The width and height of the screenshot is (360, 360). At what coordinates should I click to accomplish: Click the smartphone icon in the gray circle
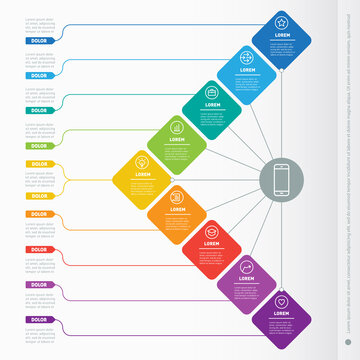tap(282, 181)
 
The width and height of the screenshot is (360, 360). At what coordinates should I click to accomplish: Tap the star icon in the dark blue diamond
tap(283, 21)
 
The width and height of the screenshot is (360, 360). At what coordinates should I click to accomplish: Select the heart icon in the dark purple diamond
tap(282, 300)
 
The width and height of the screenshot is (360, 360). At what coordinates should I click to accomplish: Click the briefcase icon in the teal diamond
tap(212, 94)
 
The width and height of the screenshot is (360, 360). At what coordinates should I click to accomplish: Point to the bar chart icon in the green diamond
tap(177, 127)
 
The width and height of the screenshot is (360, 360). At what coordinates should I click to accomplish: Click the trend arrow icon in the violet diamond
tap(247, 267)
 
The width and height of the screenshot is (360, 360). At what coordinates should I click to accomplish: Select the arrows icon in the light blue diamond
tap(247, 58)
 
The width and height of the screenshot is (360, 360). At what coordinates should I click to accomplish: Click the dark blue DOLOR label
tap(38, 41)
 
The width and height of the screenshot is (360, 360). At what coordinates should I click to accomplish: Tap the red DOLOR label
tap(38, 249)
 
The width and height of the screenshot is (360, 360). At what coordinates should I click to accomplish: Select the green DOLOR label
tap(38, 145)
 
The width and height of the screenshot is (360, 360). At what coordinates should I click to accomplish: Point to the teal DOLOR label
tap(38, 110)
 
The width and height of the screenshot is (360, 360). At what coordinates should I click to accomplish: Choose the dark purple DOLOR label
tap(38, 318)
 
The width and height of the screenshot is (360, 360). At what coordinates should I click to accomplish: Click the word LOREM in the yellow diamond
tap(143, 174)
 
